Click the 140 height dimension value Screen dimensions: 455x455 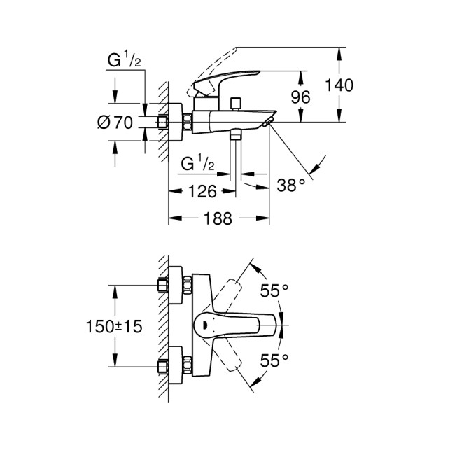[x=340, y=85]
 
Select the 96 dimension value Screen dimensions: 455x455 [x=300, y=97]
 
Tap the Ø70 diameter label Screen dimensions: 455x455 [x=115, y=122]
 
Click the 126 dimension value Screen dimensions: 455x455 [x=202, y=191]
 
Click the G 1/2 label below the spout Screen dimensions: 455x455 [x=197, y=165]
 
